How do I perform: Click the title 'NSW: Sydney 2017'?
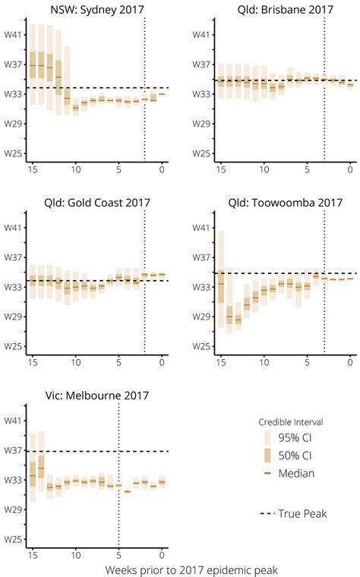tap(96, 10)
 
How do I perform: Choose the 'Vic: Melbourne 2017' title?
tap(96, 395)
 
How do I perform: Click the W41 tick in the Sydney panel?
tap(12, 35)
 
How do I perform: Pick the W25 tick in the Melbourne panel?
tap(12, 540)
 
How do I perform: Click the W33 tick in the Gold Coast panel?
tap(12, 287)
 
